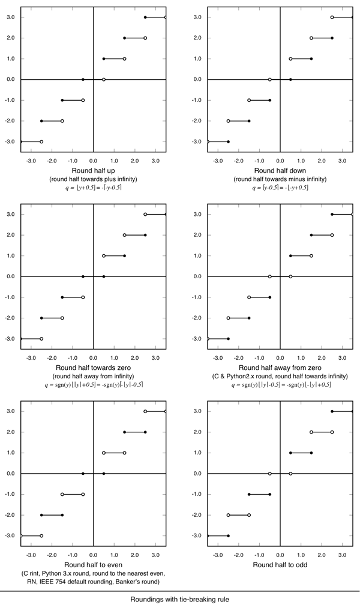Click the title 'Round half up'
(x=93, y=170)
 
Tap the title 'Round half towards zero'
(x=93, y=367)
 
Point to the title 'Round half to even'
(x=93, y=564)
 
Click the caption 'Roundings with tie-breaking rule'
(x=179, y=598)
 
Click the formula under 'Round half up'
(x=93, y=187)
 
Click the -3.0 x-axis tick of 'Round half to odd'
(x=217, y=547)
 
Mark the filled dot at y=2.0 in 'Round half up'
(x=125, y=38)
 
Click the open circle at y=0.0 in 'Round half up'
(x=104, y=79)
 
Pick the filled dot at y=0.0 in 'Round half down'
(x=290, y=79)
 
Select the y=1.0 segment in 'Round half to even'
(x=114, y=453)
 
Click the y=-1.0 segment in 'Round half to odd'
(x=259, y=494)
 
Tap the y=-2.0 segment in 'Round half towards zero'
(x=52, y=318)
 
